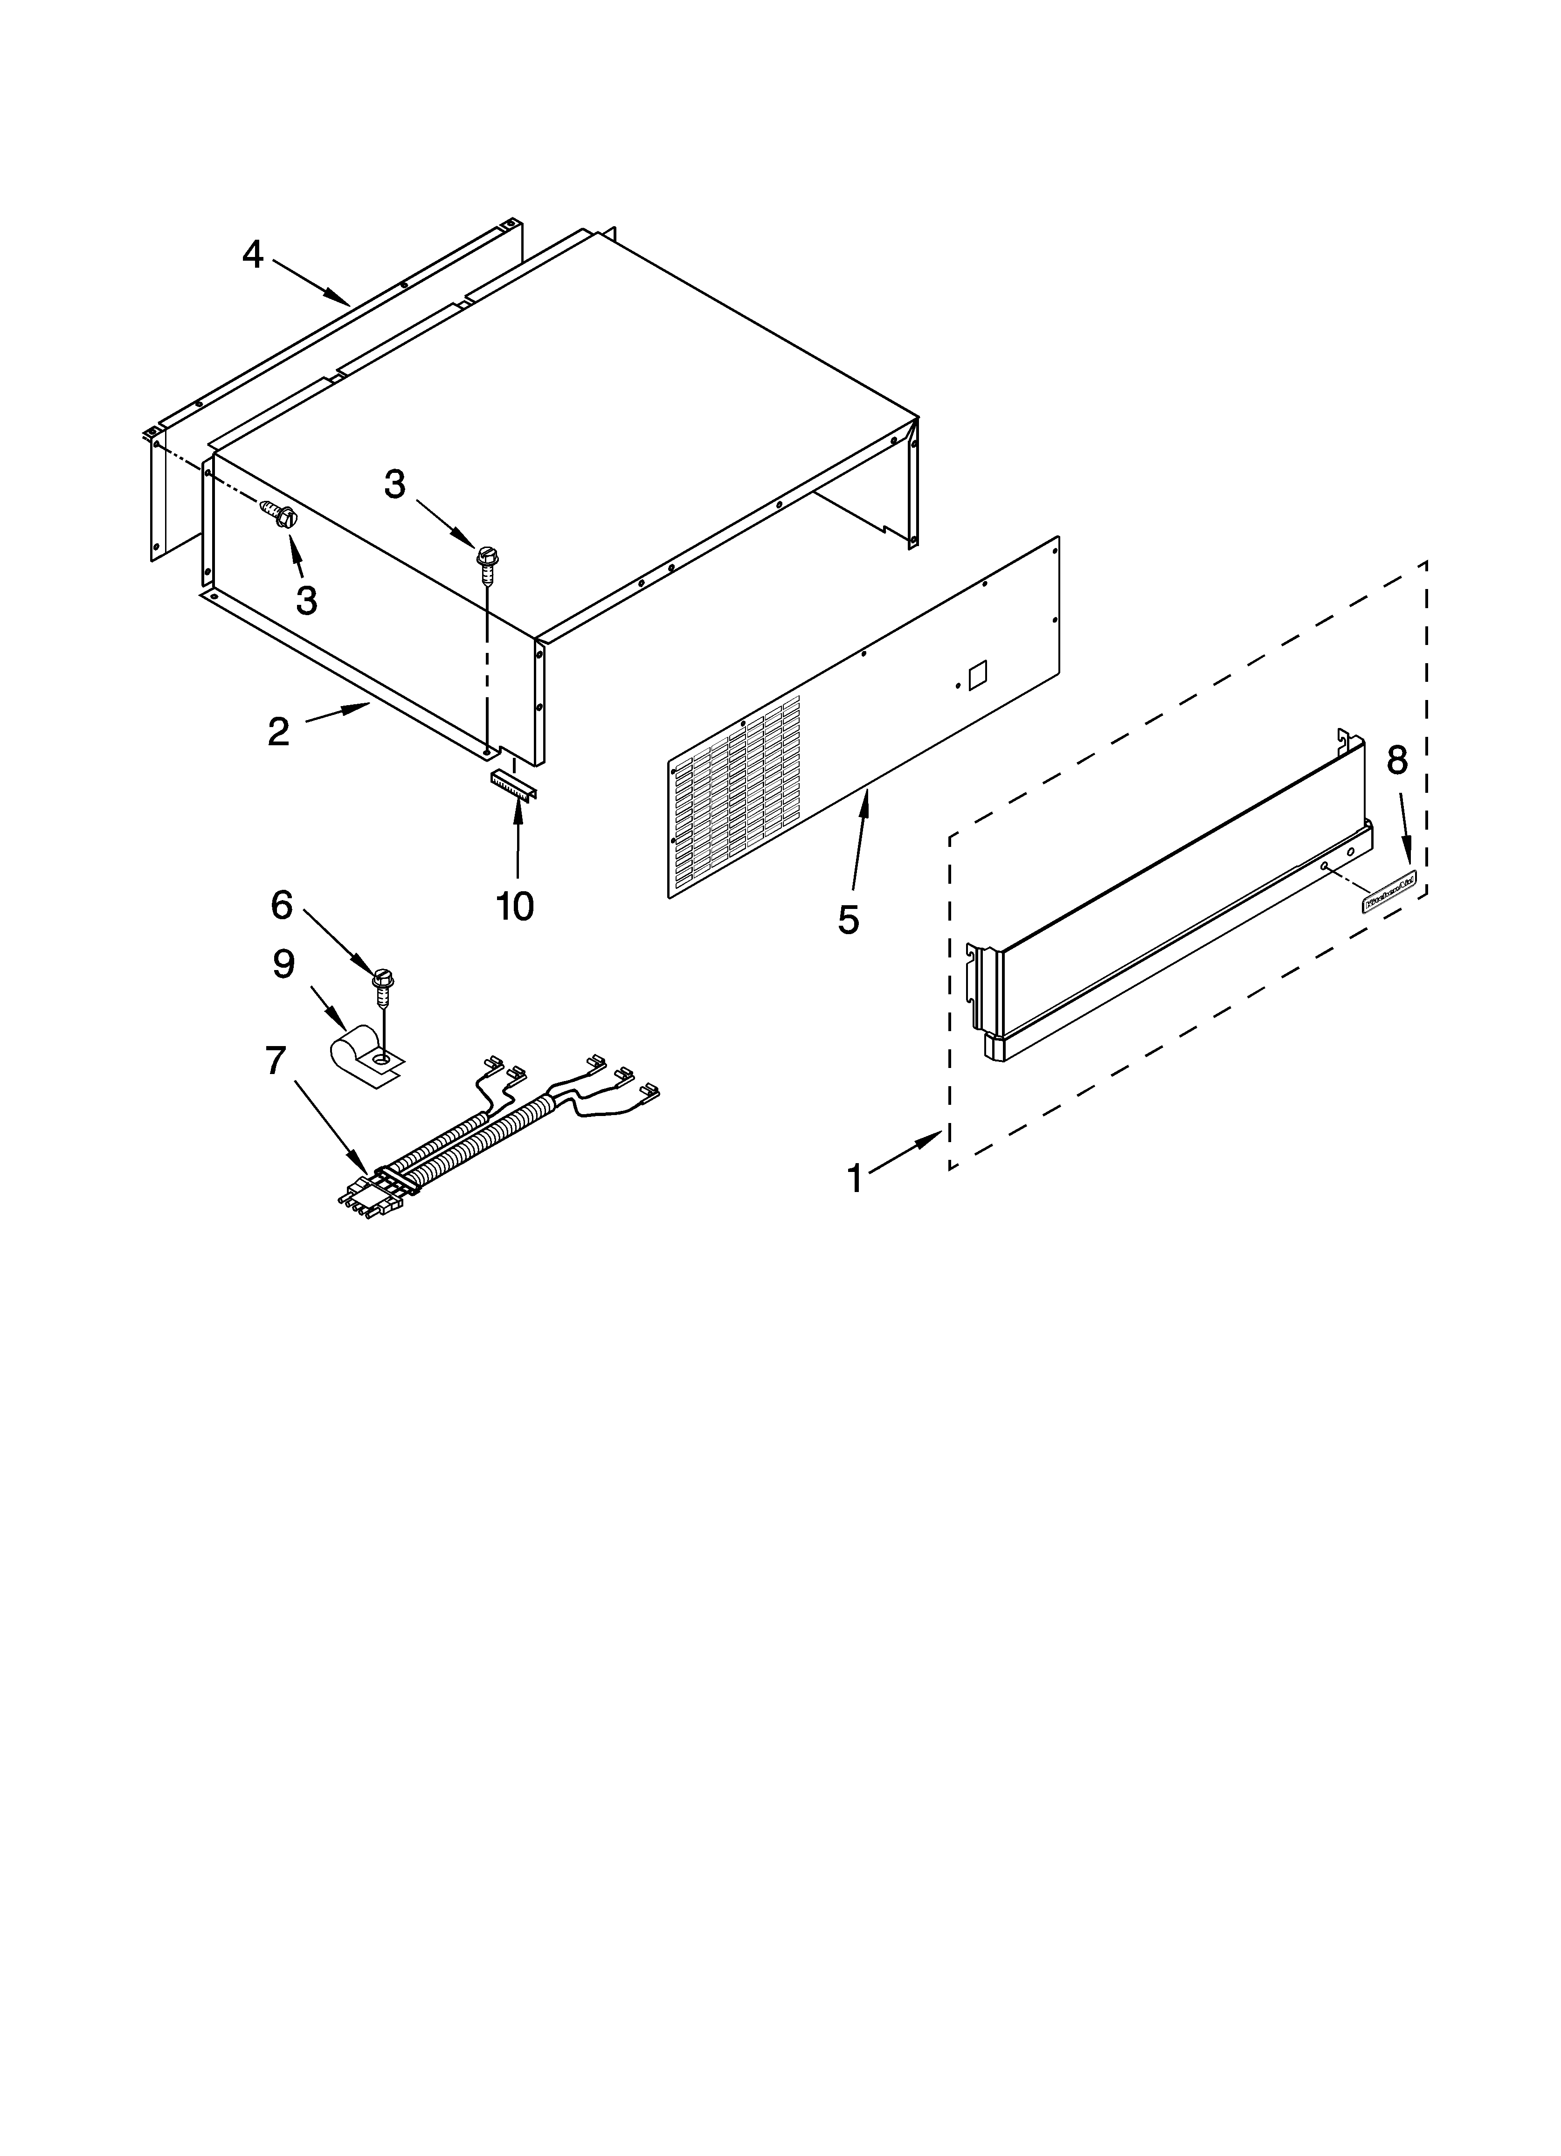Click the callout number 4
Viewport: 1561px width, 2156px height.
click(x=252, y=255)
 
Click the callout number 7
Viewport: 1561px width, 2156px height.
click(x=275, y=1060)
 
